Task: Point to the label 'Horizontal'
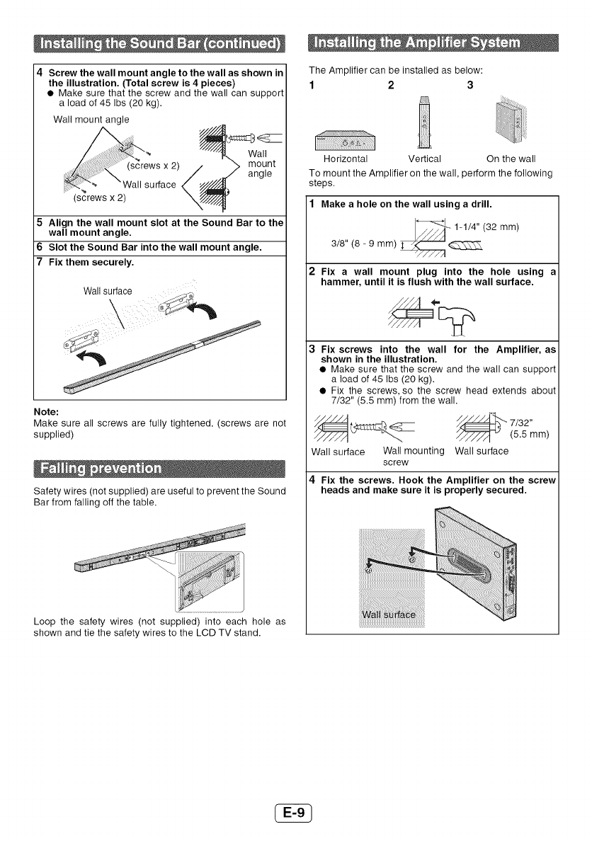[345, 158]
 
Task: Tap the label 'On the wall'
[511, 158]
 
